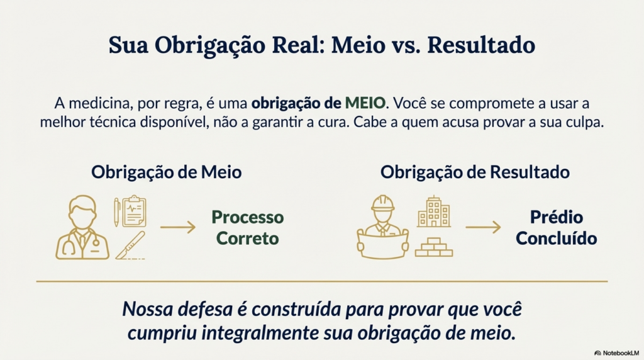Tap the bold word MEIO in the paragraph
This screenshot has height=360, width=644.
[x=365, y=103]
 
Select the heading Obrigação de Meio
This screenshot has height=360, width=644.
[x=166, y=172]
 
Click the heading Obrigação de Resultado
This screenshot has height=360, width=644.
[x=475, y=172]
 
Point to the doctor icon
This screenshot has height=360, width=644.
[x=82, y=228]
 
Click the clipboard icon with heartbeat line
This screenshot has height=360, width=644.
[x=133, y=211]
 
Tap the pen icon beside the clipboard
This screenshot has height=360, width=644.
[x=116, y=212]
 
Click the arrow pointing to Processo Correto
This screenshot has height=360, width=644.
[x=179, y=227]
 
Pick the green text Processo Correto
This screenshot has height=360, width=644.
[x=247, y=228]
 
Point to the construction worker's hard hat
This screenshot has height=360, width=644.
[x=382, y=203]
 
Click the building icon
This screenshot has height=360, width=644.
[x=433, y=211]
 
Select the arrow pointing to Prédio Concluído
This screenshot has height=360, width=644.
[x=484, y=227]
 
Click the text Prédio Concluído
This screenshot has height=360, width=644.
[x=557, y=228]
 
